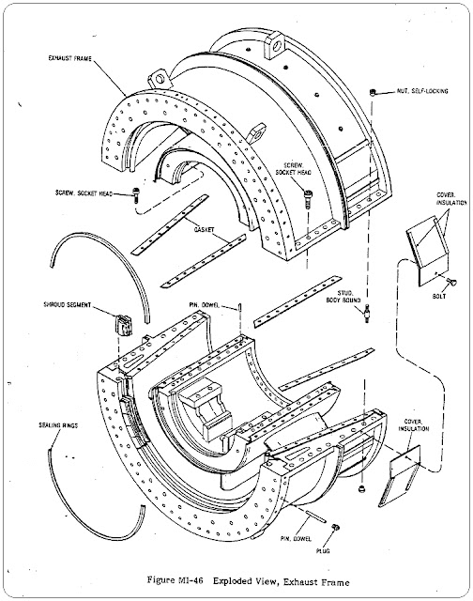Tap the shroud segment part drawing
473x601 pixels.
click(x=122, y=325)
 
